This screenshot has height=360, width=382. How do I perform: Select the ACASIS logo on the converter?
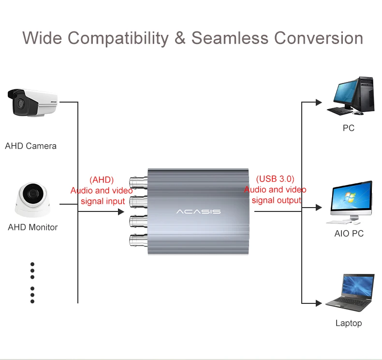198,211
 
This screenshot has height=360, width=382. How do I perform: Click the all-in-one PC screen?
351,198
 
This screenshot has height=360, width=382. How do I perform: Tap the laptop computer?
350,292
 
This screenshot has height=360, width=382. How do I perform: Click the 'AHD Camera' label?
30,146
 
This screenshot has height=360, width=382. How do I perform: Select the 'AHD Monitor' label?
33,227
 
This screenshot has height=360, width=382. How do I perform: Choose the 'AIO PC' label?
349,234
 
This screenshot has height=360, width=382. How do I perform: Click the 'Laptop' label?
348,323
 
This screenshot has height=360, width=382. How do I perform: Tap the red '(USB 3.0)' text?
275,179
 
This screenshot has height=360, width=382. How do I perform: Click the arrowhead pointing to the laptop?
319,303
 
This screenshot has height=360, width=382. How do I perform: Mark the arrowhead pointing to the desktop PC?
319,102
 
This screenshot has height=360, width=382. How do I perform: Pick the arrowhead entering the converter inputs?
121,211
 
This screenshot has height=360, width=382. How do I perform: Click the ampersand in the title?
180,38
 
